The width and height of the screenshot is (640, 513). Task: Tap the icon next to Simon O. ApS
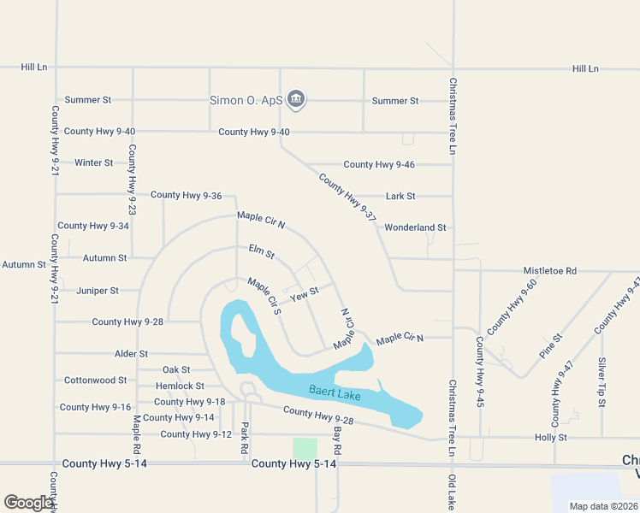pyautogui.click(x=296, y=100)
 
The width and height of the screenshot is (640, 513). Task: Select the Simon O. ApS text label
pyautogui.click(x=246, y=100)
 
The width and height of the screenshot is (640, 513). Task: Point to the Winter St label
pyautogui.click(x=94, y=162)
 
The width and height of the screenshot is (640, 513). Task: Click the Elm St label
pyautogui.click(x=262, y=252)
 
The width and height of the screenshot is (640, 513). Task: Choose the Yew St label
pyautogui.click(x=305, y=294)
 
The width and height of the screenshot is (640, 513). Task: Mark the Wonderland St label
pyautogui.click(x=416, y=227)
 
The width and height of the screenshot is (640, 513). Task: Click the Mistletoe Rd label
pyautogui.click(x=550, y=270)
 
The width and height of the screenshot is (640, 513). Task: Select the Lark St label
pyautogui.click(x=400, y=196)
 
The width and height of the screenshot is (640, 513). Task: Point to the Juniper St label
pyautogui.click(x=98, y=291)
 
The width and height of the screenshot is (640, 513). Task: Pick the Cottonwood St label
pyautogui.click(x=96, y=380)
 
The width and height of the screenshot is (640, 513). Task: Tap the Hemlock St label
pyautogui.click(x=181, y=386)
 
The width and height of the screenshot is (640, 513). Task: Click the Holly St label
pyautogui.click(x=551, y=437)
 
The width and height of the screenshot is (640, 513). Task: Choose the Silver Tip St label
pyautogui.click(x=602, y=380)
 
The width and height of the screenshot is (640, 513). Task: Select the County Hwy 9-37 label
pyautogui.click(x=348, y=198)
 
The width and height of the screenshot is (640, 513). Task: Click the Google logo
pyautogui.click(x=28, y=503)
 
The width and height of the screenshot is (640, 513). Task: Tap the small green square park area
pyautogui.click(x=305, y=448)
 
